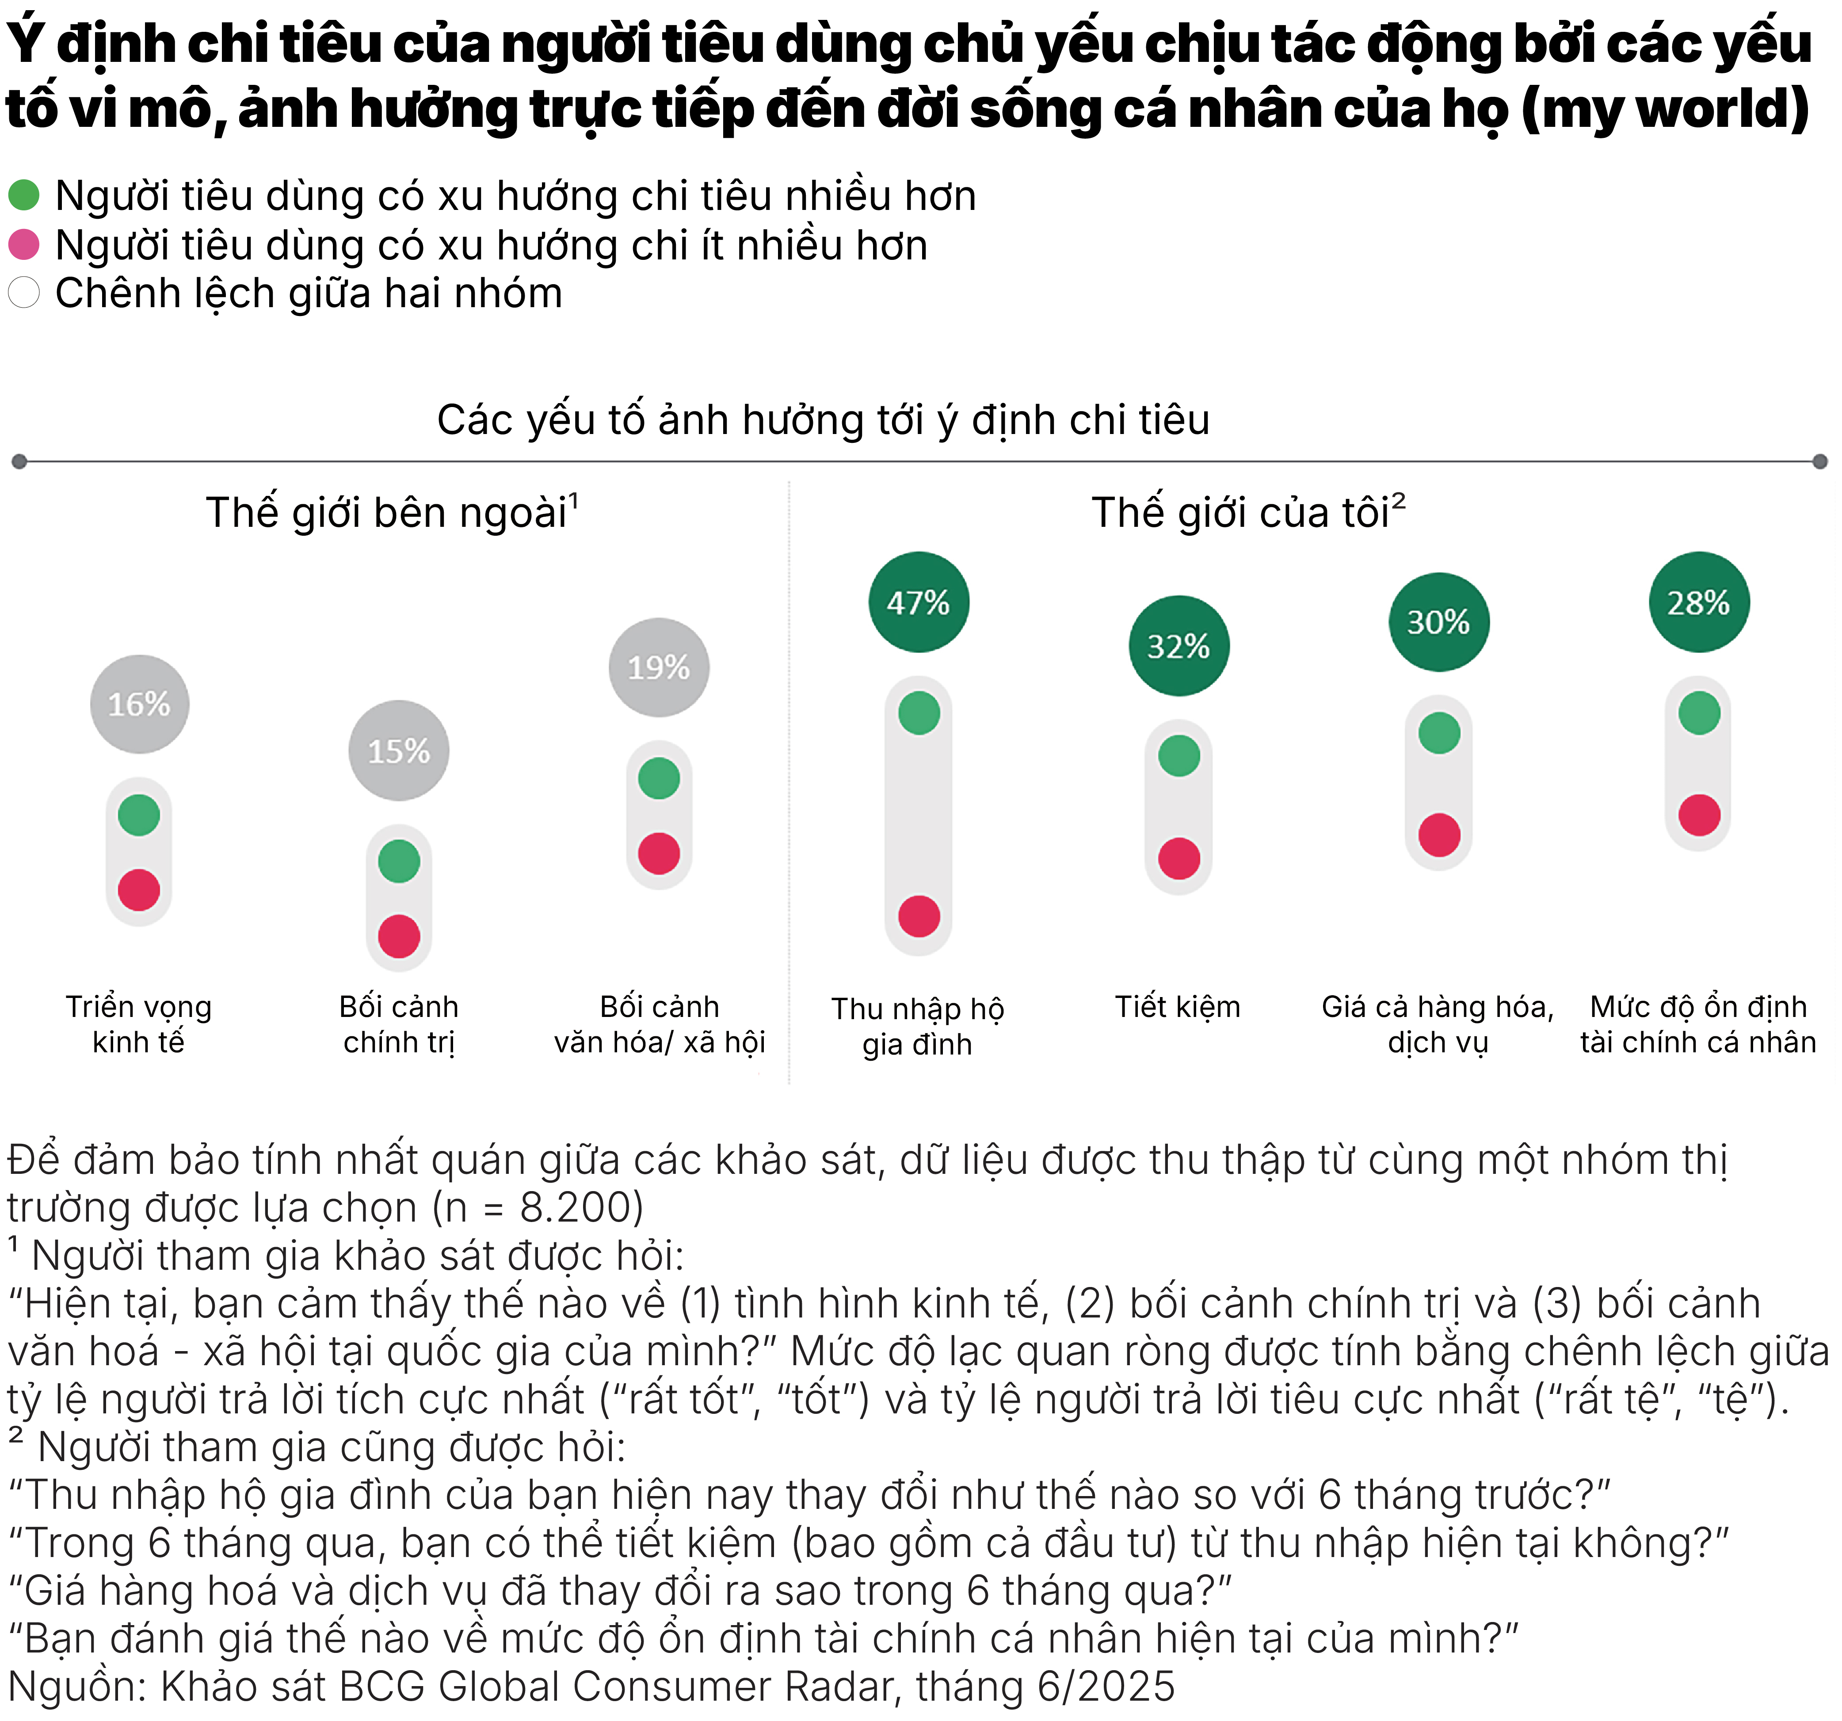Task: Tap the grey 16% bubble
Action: (x=139, y=704)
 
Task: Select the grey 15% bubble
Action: (x=398, y=750)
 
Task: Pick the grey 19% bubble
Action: (x=659, y=667)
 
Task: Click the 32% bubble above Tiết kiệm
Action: (x=1178, y=646)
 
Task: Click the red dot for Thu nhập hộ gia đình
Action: (x=918, y=916)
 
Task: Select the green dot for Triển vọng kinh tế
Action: (x=139, y=815)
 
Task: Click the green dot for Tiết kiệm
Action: (x=1178, y=756)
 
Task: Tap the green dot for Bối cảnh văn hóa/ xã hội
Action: (x=659, y=778)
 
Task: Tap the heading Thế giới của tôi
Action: (x=1242, y=512)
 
